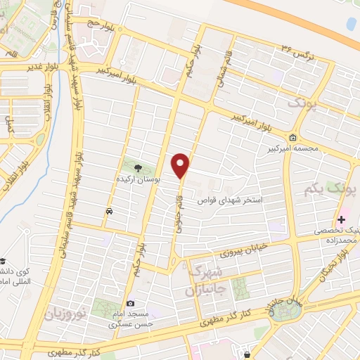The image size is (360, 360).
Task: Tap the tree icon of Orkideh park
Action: (138, 167)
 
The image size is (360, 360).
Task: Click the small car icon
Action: (109, 211)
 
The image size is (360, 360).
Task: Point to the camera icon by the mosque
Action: (130, 303)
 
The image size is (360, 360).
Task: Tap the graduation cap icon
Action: (3, 259)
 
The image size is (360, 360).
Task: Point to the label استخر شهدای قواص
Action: (238, 200)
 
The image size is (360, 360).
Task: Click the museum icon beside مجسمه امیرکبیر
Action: (292, 136)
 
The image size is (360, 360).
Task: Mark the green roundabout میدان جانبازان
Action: (285, 311)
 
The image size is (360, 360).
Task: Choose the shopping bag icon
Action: (246, 354)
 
